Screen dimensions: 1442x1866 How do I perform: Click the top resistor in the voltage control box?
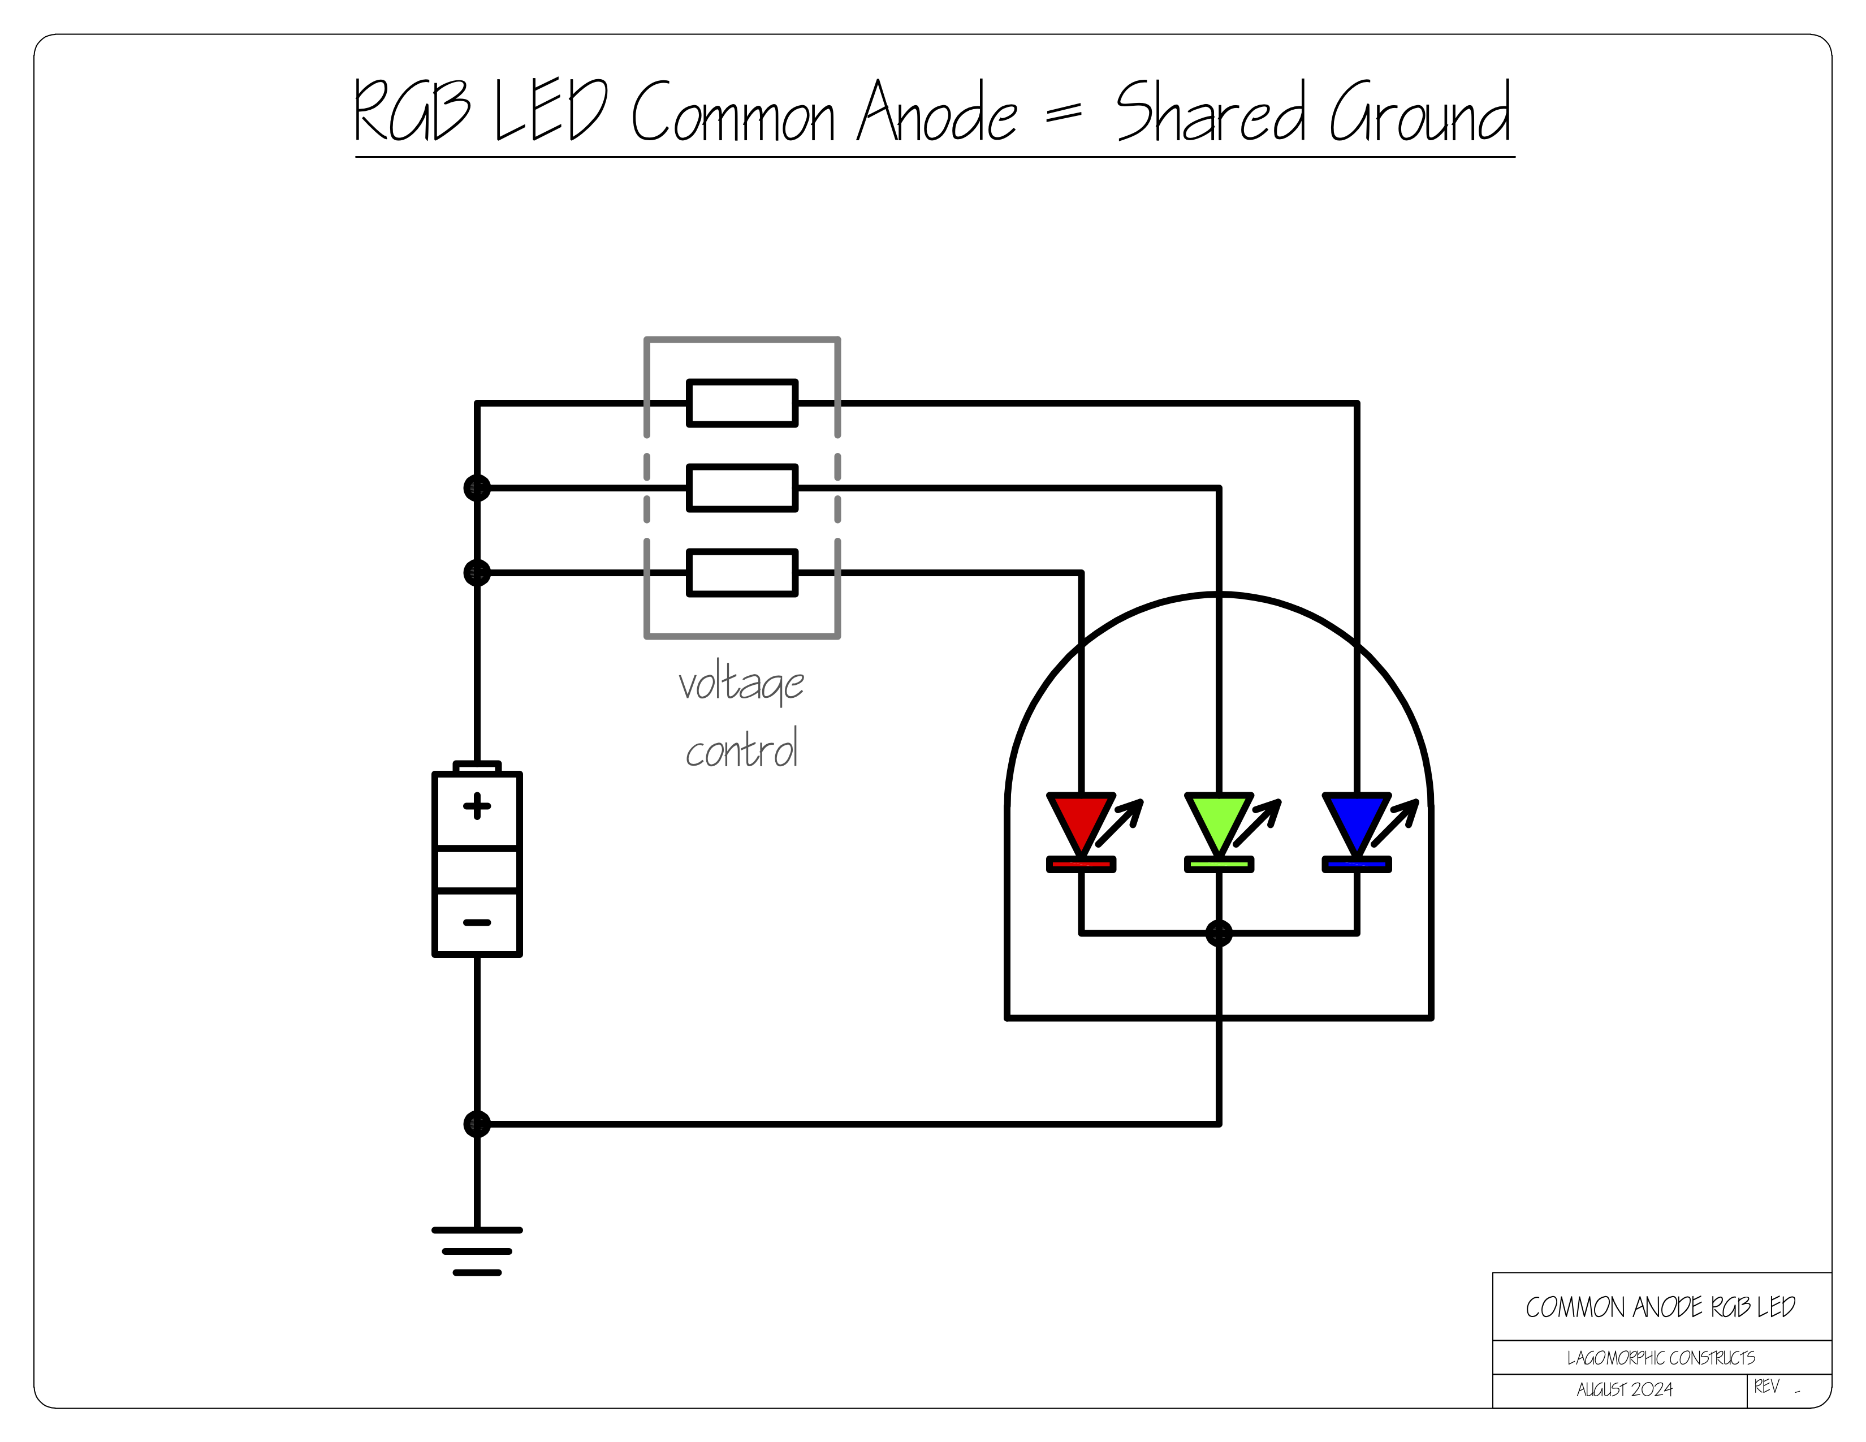point(742,403)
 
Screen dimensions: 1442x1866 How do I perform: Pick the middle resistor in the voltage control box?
point(742,488)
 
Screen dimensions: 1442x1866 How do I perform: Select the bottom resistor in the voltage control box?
point(742,572)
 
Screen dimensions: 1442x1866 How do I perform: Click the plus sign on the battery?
point(477,806)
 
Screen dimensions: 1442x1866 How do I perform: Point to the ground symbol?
point(477,1251)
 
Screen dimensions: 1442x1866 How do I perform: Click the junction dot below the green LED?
point(1219,933)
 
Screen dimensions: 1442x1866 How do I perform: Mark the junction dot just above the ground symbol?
point(477,1124)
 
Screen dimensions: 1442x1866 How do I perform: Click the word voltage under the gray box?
point(741,684)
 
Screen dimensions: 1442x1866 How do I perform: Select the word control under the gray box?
point(741,750)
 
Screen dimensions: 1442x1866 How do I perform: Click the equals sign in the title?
point(1064,112)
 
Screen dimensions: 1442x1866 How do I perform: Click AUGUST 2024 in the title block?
point(1624,1390)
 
